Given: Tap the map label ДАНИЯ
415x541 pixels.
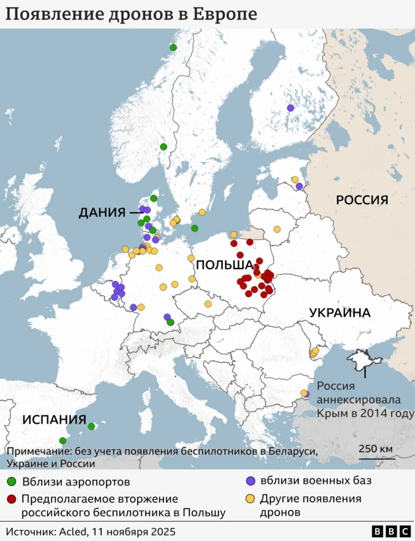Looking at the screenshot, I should point(101,212).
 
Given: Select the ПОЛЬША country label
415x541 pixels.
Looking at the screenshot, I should point(224,265).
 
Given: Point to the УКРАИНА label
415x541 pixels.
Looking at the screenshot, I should point(340,313).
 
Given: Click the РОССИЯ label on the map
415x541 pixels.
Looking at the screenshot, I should point(362,200).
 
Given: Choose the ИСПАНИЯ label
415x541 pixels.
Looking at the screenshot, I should point(54,419).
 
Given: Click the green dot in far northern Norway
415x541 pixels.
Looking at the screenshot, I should point(173,47).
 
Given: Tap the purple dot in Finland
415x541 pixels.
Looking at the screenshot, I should point(290,108).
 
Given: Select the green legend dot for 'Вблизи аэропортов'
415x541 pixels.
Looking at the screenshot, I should point(11,482).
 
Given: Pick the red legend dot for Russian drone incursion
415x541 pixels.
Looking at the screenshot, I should point(11,499).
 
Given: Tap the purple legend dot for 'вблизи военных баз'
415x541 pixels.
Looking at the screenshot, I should point(250,481).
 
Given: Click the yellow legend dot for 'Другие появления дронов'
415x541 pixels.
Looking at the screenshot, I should point(250,499).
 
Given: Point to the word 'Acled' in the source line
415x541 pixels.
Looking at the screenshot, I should point(74,532).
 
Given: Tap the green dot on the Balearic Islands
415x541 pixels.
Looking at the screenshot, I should point(91,426).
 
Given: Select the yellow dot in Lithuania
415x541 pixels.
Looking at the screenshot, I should point(277,229).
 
